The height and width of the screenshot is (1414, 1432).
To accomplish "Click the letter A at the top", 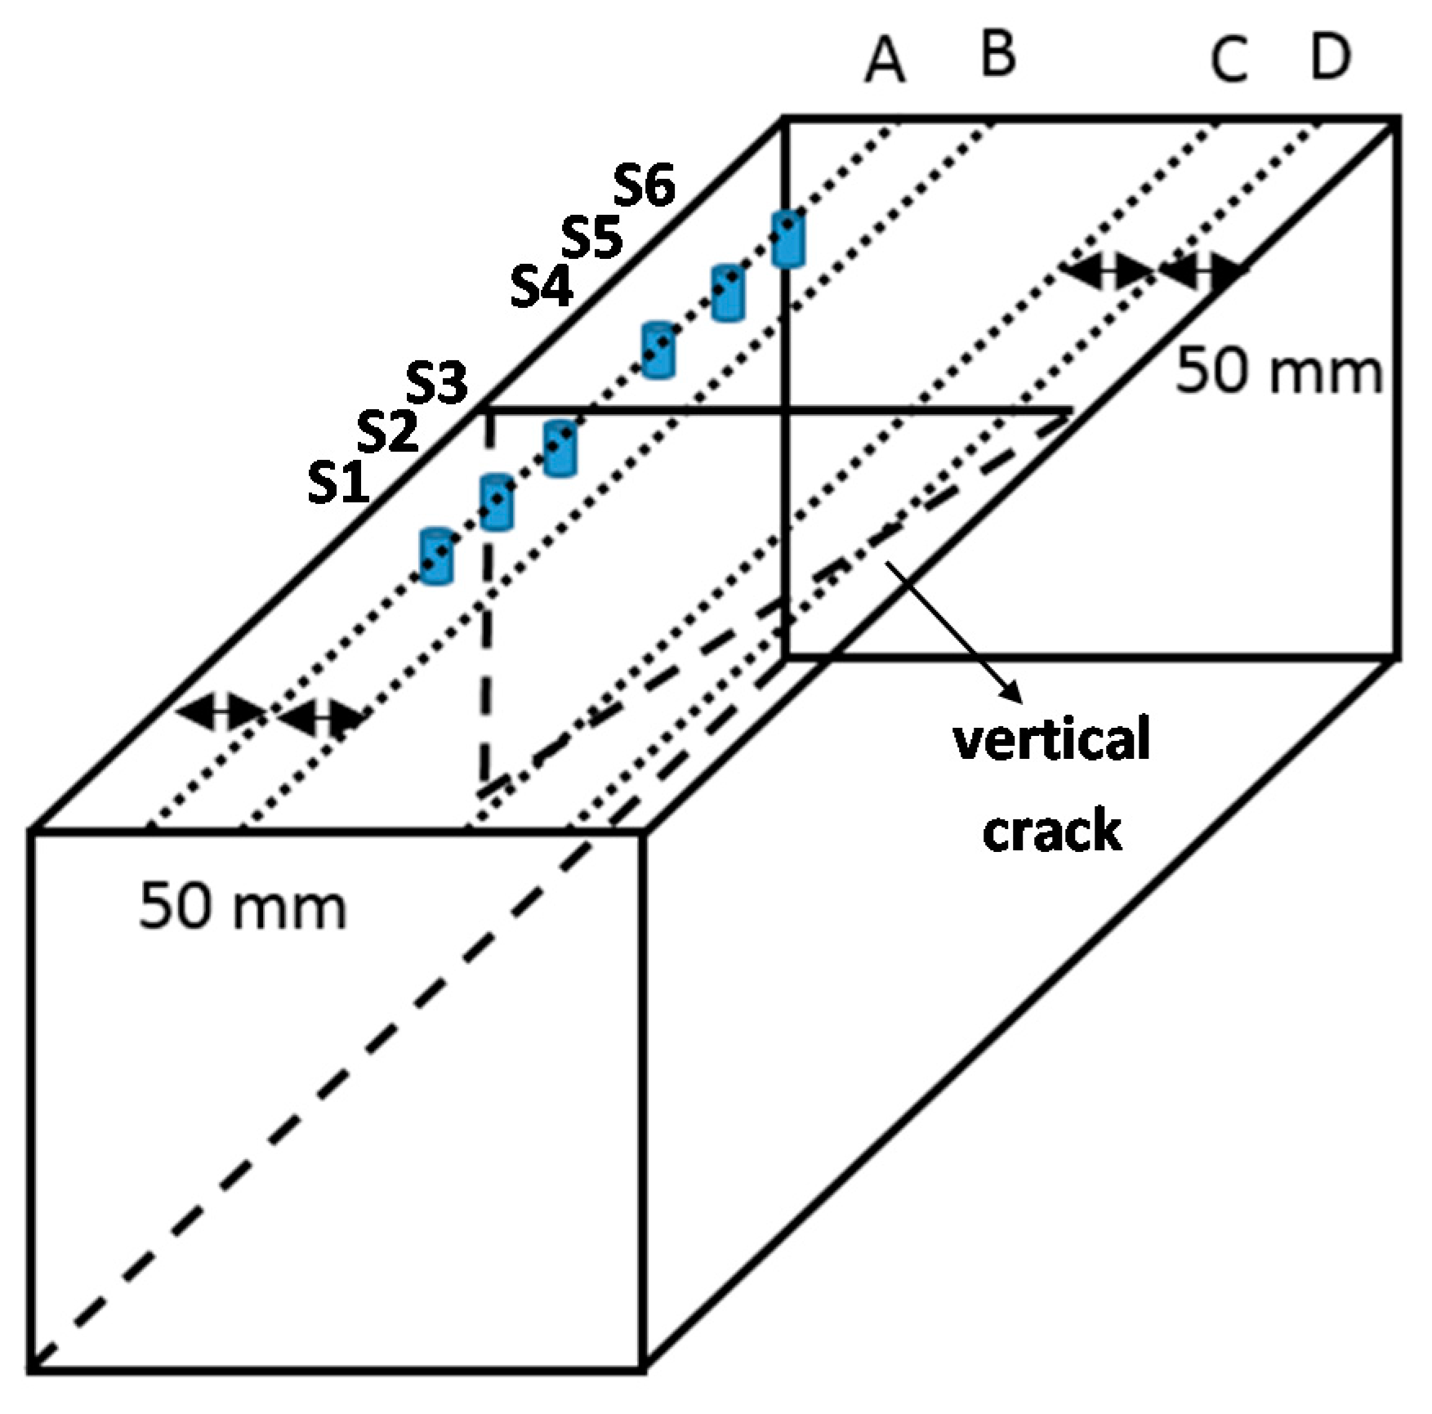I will (x=886, y=62).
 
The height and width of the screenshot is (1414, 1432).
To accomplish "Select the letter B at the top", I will (x=997, y=54).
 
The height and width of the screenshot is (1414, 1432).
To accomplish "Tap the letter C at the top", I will (x=1229, y=62).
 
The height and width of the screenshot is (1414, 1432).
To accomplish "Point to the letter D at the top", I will (x=1330, y=57).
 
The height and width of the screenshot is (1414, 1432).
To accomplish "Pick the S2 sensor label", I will (x=388, y=431).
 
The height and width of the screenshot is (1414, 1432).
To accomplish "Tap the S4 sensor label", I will (x=542, y=288).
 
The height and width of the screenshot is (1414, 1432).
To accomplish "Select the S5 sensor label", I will (x=592, y=238).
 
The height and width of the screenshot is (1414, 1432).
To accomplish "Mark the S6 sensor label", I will (x=645, y=186).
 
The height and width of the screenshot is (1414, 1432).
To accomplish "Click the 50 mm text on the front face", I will (x=243, y=907).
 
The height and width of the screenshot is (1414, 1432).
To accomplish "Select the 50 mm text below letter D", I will (x=1278, y=371).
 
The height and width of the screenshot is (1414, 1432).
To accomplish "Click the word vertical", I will (x=1052, y=739).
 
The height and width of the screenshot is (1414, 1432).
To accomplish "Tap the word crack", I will (x=1052, y=831).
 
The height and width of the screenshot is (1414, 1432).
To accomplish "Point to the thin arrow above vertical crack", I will (x=953, y=630).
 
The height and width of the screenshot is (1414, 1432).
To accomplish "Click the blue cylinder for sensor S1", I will (x=436, y=555).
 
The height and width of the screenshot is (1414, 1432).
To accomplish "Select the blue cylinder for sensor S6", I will (x=788, y=239).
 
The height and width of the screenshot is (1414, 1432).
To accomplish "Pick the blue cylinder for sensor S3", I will (x=560, y=448).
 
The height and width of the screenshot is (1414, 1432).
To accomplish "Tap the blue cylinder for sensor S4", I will (x=658, y=350).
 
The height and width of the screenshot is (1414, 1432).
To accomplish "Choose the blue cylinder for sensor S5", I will (x=728, y=292).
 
